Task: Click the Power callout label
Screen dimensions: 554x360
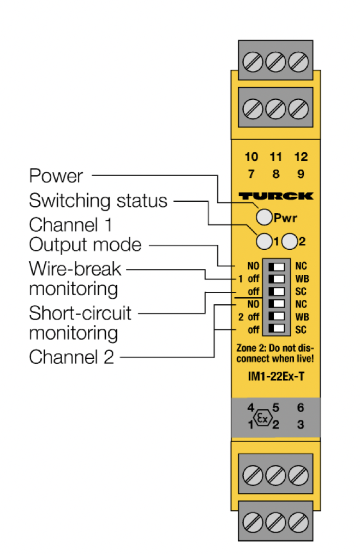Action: pos(56,176)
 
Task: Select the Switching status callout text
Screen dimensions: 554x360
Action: pos(98,201)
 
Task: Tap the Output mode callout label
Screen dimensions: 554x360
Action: pos(85,245)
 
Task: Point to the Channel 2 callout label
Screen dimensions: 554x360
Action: pos(71,357)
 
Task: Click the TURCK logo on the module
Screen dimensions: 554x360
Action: pos(276,196)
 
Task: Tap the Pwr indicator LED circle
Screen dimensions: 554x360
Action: pos(263,218)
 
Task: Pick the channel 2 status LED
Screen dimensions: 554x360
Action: pos(290,240)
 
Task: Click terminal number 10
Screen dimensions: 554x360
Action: pos(251,157)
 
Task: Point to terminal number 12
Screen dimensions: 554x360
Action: pos(301,157)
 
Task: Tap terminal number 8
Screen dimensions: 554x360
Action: pos(276,174)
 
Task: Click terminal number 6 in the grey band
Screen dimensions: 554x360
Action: pos(301,407)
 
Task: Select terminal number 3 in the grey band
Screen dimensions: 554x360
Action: pos(301,424)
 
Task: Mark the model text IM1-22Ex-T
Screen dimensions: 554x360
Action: pos(276,377)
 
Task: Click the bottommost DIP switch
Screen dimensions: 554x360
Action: pos(277,328)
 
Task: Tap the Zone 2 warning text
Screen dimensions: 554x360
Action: pos(276,353)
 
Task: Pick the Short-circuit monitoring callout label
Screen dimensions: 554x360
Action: pos(80,323)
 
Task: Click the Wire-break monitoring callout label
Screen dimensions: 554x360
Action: pos(75,278)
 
